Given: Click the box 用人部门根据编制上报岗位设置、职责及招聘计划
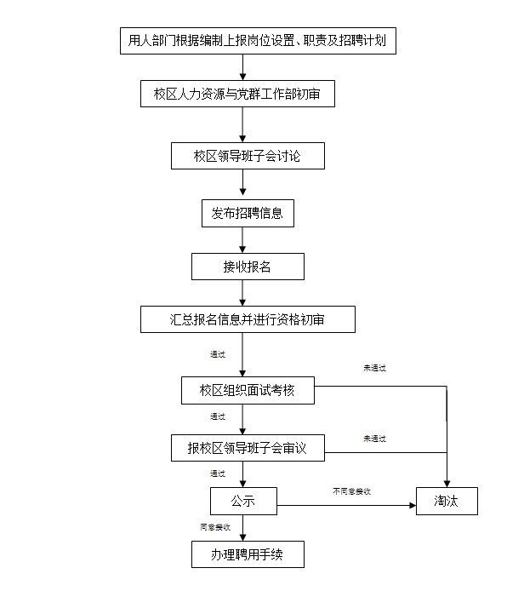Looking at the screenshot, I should tap(256, 40).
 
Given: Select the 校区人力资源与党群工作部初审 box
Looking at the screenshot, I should tap(236, 95).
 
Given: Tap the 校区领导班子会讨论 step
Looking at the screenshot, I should tap(247, 157).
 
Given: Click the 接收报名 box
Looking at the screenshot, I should tap(247, 267).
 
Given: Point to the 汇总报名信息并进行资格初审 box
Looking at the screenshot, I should tap(247, 319).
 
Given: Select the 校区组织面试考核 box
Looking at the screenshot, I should tap(248, 391).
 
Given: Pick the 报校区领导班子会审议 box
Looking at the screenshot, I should tap(248, 447).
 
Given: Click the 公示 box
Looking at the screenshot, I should tap(243, 501).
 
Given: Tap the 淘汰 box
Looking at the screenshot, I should tap(446, 502).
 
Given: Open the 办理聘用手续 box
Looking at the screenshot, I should tap(247, 554).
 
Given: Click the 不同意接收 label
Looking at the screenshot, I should tap(351, 491).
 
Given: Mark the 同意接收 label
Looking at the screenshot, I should tap(215, 528).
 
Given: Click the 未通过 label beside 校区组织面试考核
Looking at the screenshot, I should tap(374, 368).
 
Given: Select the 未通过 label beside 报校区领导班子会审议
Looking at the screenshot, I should tap(374, 439).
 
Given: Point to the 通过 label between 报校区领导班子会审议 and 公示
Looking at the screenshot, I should tap(218, 473).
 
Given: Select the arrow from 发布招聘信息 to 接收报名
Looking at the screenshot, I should tap(243, 241).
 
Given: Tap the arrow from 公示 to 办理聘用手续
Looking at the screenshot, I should tap(243, 528).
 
